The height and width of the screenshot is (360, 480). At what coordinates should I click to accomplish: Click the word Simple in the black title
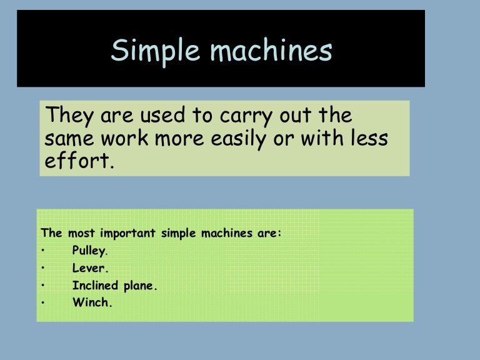[146, 51]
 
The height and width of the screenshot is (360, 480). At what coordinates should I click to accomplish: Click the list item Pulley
[89, 252]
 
